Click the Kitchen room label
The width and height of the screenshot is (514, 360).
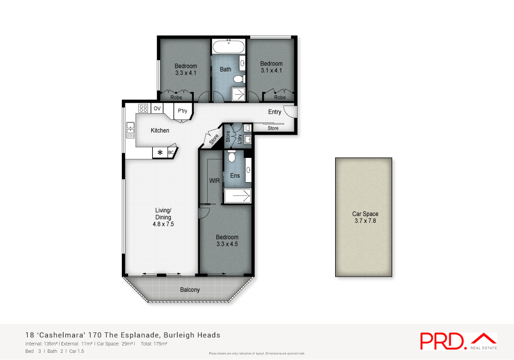[x=160, y=131]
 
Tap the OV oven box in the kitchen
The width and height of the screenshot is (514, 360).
[x=157, y=108]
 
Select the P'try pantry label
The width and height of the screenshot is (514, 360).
[x=182, y=111]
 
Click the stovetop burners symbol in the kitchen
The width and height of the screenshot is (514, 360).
[x=143, y=108]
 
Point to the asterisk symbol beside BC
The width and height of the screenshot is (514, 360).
[x=160, y=153]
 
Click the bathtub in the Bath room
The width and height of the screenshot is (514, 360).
[x=228, y=47]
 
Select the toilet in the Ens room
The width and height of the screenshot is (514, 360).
[x=231, y=156]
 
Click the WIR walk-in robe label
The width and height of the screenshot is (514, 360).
[x=214, y=181]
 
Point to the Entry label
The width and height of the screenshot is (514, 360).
[x=274, y=112]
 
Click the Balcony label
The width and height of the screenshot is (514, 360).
[x=190, y=290]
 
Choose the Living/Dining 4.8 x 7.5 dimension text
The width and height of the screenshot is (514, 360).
[x=163, y=224]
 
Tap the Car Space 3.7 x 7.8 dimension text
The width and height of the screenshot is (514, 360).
[x=365, y=221]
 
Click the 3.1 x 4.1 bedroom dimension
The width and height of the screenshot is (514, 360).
[x=271, y=70]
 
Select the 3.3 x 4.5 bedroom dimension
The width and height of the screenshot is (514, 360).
[x=227, y=244]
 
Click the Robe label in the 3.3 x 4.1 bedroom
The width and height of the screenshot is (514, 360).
[x=176, y=97]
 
